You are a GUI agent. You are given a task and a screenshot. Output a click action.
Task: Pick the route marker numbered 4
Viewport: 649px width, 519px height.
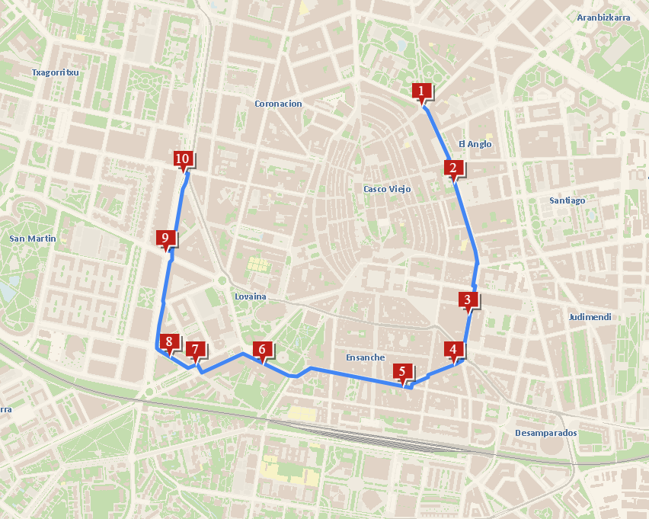click(454, 351)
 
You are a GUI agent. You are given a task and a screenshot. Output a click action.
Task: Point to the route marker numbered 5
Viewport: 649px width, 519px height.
click(402, 372)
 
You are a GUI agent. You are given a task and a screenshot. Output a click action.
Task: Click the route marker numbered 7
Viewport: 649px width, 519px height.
click(196, 351)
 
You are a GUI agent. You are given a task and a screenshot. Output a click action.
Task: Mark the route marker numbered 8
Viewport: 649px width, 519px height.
click(168, 342)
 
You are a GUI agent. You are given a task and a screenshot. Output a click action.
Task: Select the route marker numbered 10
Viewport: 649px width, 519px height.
click(182, 159)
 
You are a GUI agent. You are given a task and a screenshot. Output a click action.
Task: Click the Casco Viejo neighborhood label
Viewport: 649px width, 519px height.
click(387, 189)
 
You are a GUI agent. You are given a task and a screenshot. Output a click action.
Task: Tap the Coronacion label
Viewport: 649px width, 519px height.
click(278, 104)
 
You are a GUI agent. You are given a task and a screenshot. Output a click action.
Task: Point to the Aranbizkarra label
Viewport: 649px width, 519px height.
click(604, 18)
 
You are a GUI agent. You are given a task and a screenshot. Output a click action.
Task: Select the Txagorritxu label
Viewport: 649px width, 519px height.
click(56, 72)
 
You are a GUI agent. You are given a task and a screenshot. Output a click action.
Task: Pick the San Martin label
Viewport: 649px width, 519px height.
click(33, 239)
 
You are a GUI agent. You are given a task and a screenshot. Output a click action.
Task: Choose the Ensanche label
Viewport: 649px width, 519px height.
click(366, 357)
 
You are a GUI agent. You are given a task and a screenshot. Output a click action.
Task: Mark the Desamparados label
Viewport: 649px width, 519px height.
click(546, 433)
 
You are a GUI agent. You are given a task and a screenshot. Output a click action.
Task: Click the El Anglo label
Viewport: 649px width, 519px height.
click(475, 144)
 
